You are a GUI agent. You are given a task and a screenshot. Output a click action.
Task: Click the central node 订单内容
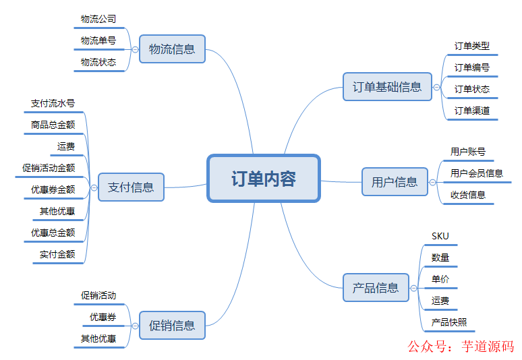[x=263, y=179]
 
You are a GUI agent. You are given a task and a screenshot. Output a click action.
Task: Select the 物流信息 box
[x=172, y=49]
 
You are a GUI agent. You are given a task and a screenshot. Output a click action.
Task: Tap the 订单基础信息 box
[x=387, y=87]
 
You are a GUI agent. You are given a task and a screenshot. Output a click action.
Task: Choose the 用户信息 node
[x=395, y=182]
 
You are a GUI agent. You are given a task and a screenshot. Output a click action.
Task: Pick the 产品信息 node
[x=376, y=288]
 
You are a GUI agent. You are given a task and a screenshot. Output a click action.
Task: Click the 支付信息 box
[x=131, y=187]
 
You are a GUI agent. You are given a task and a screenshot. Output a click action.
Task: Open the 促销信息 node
[x=172, y=326]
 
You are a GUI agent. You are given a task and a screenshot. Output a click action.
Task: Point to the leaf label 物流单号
[x=98, y=40]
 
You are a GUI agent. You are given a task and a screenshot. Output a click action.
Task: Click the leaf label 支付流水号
[x=53, y=103]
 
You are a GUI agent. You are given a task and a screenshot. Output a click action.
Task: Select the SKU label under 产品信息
[x=440, y=236]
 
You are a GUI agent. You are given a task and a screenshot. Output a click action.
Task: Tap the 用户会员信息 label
[x=477, y=173]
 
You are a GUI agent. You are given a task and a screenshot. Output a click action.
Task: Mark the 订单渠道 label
[x=472, y=111]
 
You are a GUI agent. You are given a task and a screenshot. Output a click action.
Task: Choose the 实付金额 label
[x=57, y=254]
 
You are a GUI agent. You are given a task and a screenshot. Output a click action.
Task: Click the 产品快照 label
[x=449, y=322]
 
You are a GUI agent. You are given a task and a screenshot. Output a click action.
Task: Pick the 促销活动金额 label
[x=49, y=168]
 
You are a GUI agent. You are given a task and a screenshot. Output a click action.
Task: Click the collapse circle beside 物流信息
[x=135, y=50]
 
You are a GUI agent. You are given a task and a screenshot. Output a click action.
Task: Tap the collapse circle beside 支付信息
[x=94, y=187]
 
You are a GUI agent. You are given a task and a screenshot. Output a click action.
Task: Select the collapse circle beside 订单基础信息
[x=436, y=87]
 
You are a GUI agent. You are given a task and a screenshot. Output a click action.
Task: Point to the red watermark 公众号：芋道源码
[x=461, y=347]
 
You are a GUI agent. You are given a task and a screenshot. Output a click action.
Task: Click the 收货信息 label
[x=468, y=195]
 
